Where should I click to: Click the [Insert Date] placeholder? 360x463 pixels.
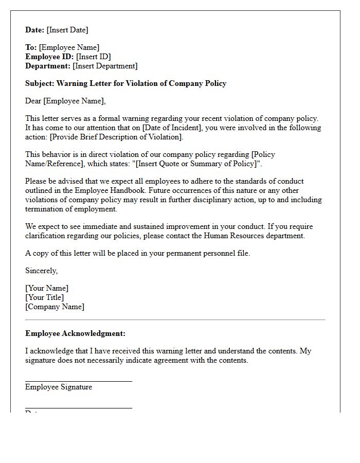click(x=68, y=30)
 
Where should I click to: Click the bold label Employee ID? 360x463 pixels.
click(x=49, y=57)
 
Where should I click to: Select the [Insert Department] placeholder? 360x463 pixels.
click(x=105, y=66)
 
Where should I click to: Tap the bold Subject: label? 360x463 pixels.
click(x=40, y=83)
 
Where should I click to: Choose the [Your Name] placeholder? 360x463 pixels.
click(x=47, y=288)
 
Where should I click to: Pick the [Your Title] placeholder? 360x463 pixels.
click(x=45, y=297)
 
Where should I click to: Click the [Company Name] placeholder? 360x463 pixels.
click(x=55, y=307)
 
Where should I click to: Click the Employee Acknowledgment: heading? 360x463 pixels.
click(x=75, y=333)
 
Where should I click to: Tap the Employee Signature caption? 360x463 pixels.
click(x=59, y=387)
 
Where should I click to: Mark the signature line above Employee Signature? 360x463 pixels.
click(x=79, y=381)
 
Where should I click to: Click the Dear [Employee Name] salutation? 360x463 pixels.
click(x=65, y=101)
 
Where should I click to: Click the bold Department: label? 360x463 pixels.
click(x=48, y=66)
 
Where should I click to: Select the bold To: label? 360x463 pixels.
click(x=31, y=47)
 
